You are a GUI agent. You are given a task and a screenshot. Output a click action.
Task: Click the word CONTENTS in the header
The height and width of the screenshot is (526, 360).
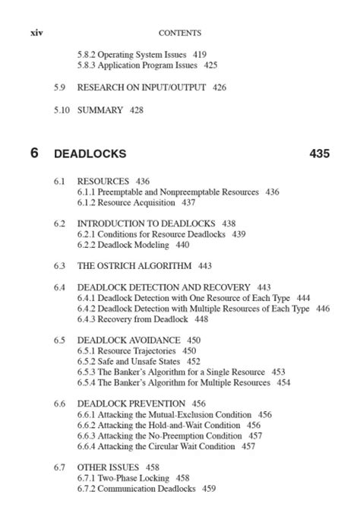point(180,33)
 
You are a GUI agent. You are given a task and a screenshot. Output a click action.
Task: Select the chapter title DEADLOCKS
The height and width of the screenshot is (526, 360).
point(90,154)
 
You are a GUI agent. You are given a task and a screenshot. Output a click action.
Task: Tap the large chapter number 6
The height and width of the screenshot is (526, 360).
point(34,153)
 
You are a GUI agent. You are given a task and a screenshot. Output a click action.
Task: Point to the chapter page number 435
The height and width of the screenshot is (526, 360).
point(320,154)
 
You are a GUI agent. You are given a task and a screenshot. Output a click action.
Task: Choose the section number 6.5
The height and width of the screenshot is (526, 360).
point(59,340)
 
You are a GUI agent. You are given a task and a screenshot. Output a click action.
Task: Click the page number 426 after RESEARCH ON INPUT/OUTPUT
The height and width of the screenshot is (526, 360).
point(219,87)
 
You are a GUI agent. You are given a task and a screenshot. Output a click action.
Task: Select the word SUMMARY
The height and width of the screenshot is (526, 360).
point(100,110)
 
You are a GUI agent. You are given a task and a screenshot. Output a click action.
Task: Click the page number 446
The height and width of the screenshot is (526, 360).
point(323,309)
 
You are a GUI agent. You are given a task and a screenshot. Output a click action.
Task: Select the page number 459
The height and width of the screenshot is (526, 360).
point(209,489)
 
